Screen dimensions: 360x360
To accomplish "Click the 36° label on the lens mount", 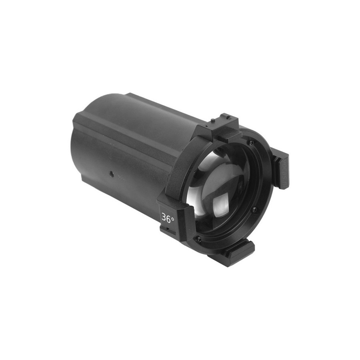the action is click(168, 217).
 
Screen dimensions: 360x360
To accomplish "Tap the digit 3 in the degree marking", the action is click(164, 216).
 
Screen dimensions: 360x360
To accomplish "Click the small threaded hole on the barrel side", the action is click(111, 172).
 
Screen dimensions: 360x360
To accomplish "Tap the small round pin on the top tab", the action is click(213, 120).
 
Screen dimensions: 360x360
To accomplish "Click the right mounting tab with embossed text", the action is click(281, 170).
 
